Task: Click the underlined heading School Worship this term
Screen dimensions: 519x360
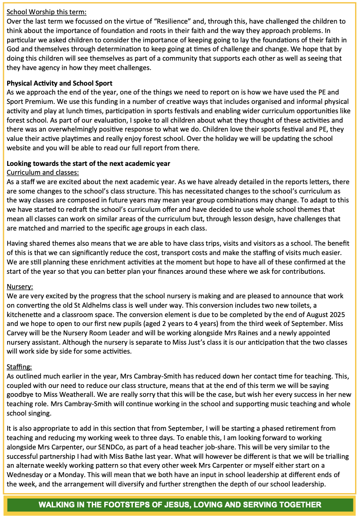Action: click(x=46, y=12)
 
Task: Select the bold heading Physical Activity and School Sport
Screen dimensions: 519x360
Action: click(x=59, y=83)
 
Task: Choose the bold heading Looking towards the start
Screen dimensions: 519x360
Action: click(x=88, y=163)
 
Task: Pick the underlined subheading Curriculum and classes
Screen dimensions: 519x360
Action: click(x=43, y=172)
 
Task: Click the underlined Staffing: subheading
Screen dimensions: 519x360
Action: click(x=20, y=367)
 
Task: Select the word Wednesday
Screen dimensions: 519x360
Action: click(x=26, y=475)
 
